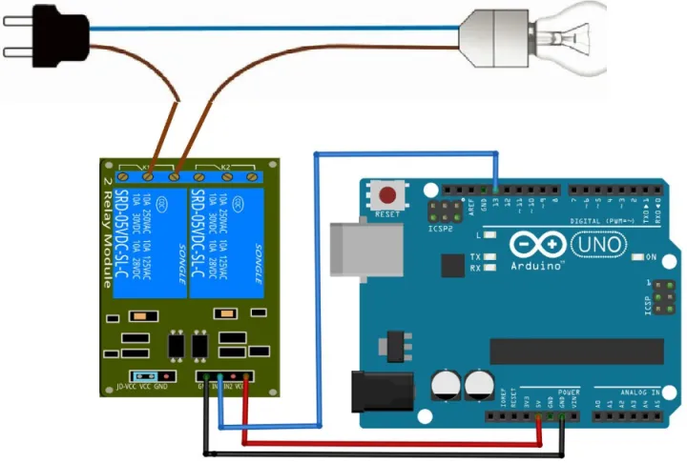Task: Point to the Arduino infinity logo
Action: coord(538,245)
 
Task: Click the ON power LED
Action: coord(636,258)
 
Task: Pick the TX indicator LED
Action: coord(489,257)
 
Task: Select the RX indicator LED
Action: coord(489,268)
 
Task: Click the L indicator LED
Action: coord(489,234)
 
